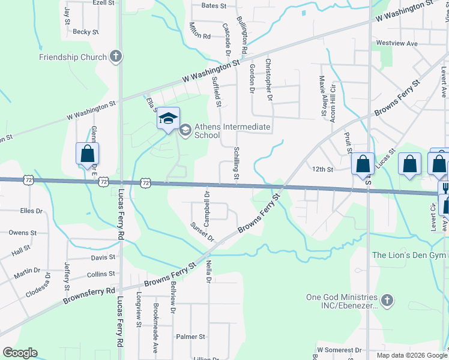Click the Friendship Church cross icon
coord(116,57)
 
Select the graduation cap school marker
coord(169,118)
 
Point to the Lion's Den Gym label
coord(410,255)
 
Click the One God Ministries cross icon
coord(388,300)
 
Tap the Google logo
coord(20,353)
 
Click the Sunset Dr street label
coord(202,232)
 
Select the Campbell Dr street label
coord(206,203)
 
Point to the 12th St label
coord(322,169)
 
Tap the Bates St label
coord(214,6)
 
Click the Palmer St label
coord(190,337)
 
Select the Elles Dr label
coord(31,211)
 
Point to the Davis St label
coord(103,257)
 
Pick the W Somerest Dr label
coord(339,349)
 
